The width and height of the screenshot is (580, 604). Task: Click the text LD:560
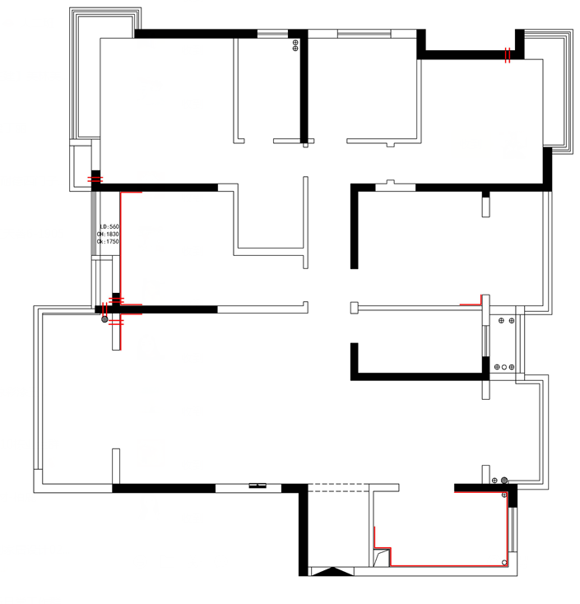109,226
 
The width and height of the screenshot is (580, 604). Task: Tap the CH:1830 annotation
109,235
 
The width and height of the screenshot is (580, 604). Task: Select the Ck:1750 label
109,242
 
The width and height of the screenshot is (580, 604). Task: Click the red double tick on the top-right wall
508,55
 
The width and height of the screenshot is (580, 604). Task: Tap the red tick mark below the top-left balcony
95,179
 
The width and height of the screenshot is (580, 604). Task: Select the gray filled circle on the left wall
104,319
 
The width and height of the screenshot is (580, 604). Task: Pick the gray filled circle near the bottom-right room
504,480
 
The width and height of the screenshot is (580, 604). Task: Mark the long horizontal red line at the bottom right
448,565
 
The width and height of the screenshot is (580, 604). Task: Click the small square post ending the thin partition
355,308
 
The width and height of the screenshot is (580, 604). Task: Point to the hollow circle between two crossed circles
503,367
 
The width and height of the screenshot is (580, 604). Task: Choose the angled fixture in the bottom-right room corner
380,558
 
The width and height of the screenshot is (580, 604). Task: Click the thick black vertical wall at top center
303,86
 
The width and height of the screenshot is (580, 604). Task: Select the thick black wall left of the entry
303,531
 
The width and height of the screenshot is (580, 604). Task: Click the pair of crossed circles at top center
295,46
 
